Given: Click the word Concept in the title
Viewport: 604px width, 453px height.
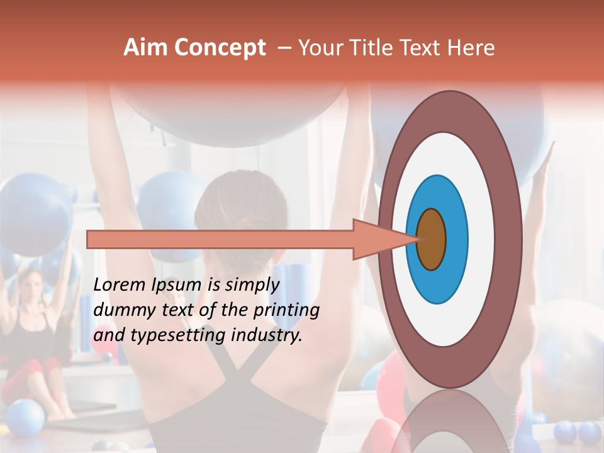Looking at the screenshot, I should [219, 48].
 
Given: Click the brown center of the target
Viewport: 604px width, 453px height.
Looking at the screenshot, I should [431, 238].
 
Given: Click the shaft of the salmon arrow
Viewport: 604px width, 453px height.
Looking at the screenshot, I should [220, 239].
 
